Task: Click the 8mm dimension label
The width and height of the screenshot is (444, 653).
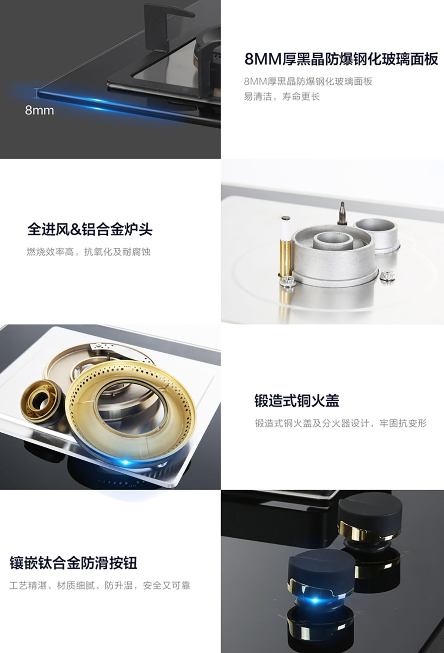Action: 39,110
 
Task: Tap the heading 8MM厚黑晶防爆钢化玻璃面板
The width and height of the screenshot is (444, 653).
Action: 341,59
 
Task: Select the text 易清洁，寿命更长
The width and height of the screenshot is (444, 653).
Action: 282,97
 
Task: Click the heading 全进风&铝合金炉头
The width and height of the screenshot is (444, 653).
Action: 90,230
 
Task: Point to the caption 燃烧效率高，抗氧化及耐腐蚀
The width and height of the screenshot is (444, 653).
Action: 89,253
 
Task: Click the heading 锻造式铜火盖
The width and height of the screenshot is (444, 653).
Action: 296,400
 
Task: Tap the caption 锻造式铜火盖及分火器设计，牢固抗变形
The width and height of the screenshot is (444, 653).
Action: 341,423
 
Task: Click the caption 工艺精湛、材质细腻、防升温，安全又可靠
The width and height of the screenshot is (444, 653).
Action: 100,586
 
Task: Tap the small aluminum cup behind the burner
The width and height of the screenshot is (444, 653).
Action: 376,235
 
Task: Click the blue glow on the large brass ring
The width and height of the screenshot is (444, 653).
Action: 126,462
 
